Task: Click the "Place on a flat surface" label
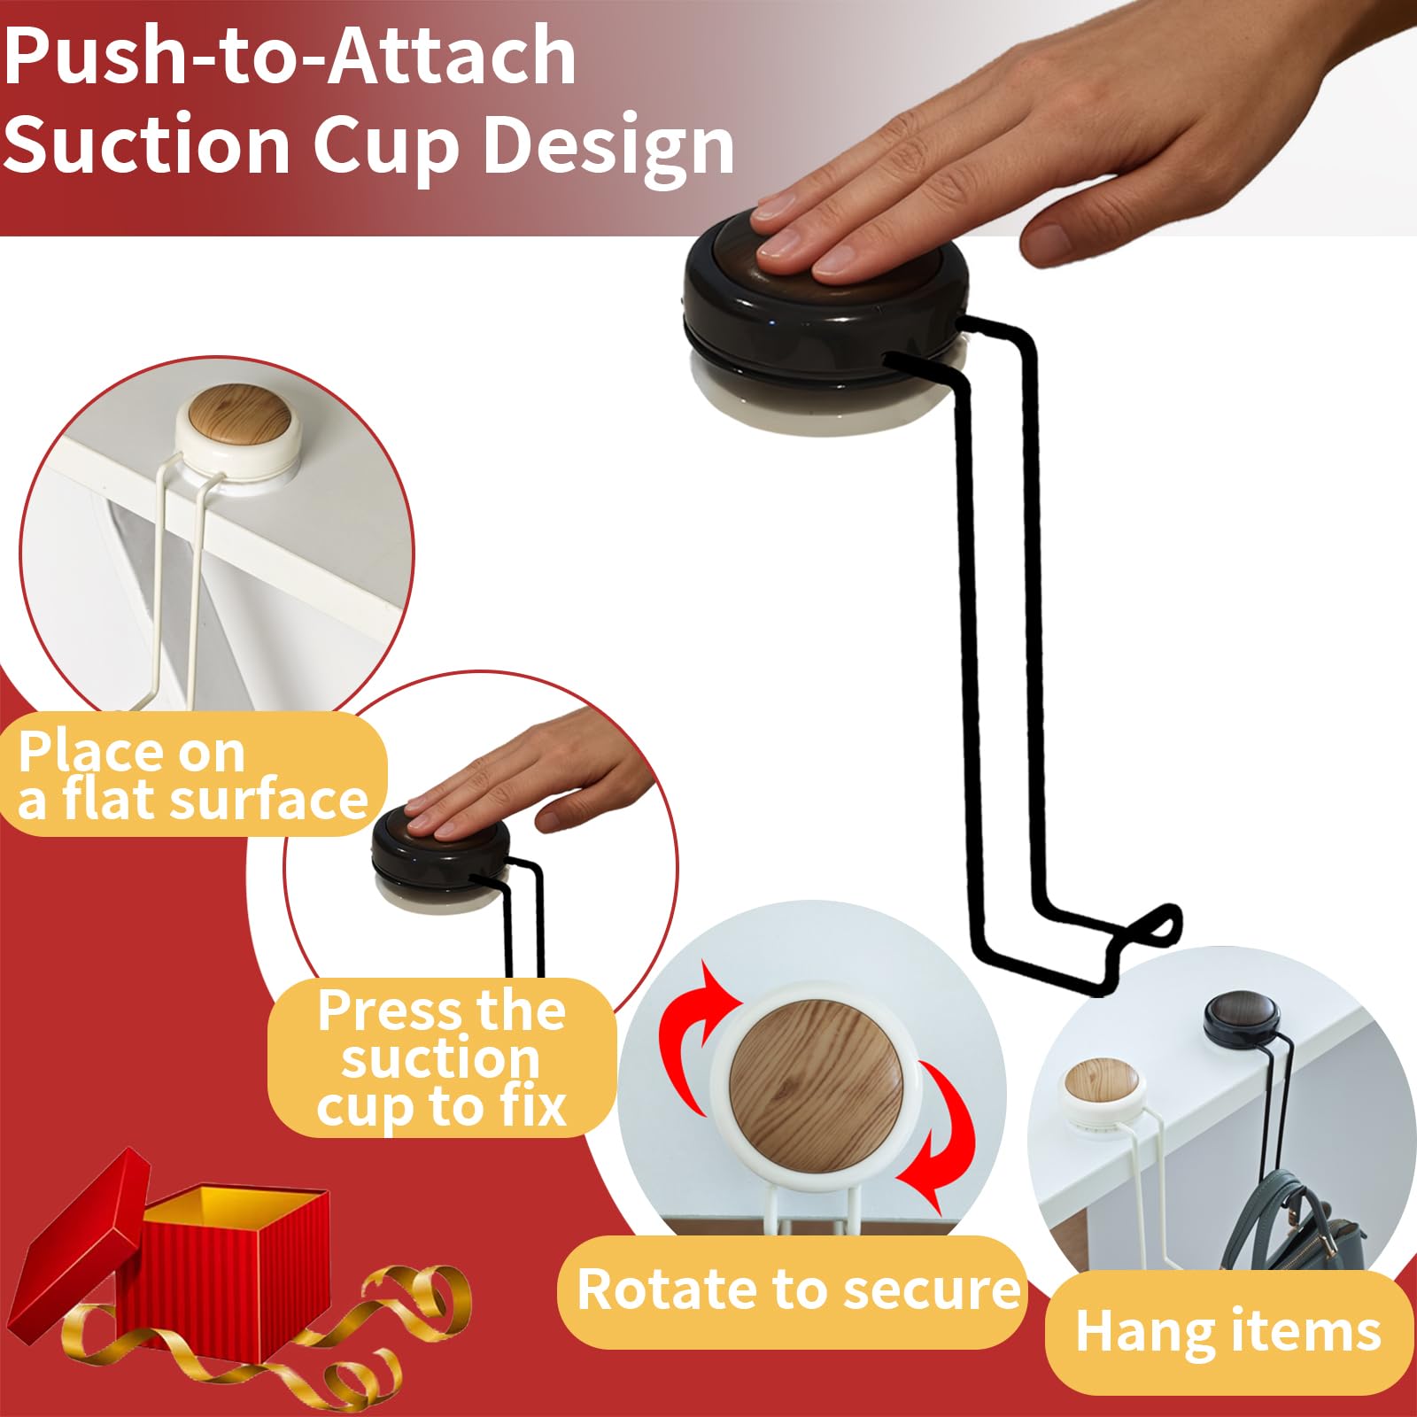(x=193, y=775)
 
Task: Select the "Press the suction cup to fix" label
(x=442, y=1057)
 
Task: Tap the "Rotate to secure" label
(x=798, y=1289)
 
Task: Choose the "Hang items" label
(x=1228, y=1332)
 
